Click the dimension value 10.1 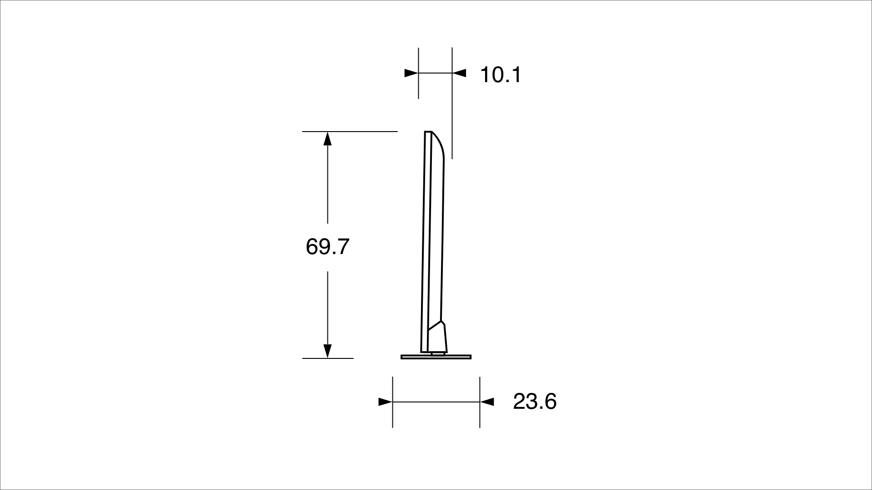(x=500, y=75)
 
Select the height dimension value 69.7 (x=327, y=247)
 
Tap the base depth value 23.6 (x=535, y=402)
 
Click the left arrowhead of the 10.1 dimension (x=411, y=73)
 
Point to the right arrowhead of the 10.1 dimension (x=459, y=73)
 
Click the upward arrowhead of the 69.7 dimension (x=327, y=138)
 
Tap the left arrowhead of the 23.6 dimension (x=385, y=402)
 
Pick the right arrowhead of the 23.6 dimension (x=487, y=402)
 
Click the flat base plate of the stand (x=436, y=357)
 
